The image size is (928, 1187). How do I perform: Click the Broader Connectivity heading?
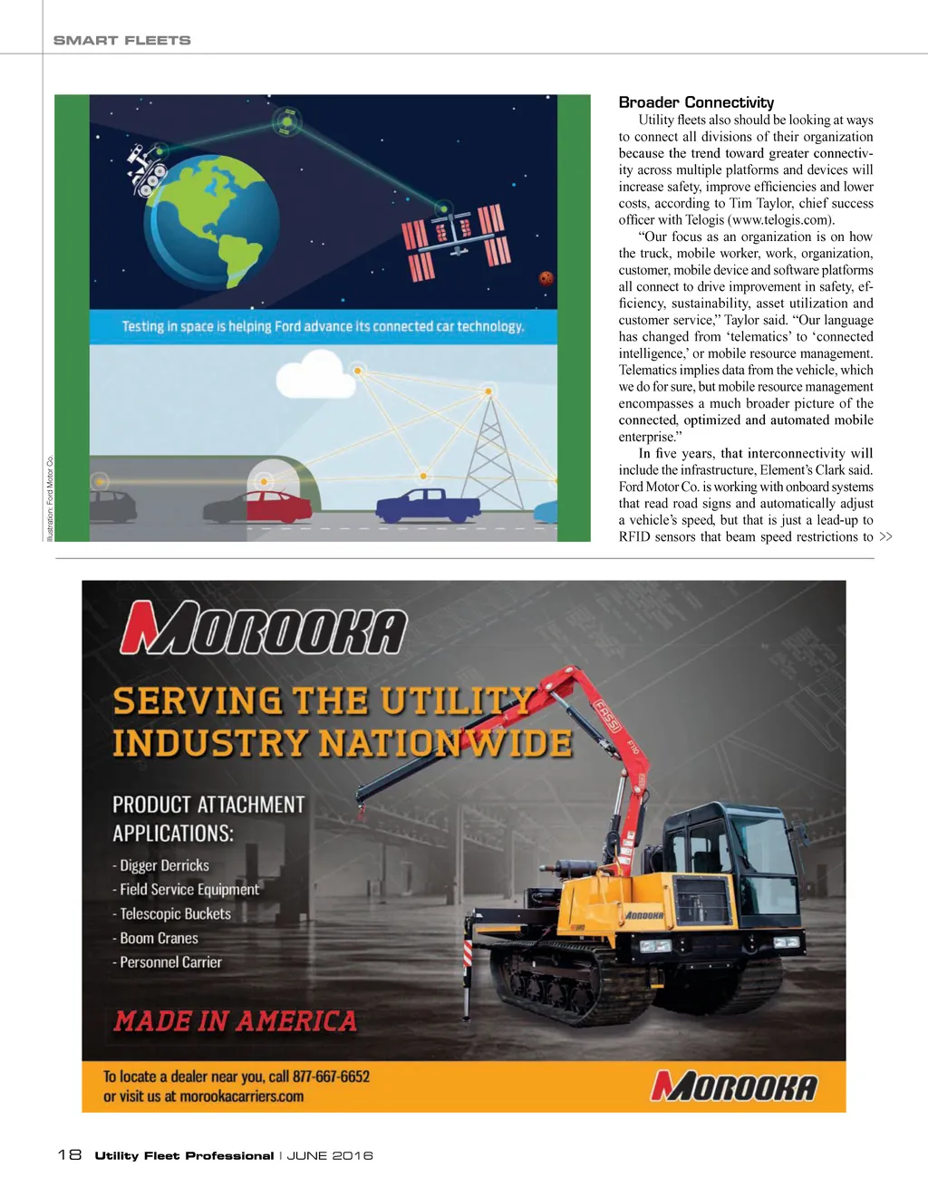[696, 102]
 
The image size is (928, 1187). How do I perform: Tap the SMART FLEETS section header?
[122, 40]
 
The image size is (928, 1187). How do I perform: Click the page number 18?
[69, 1154]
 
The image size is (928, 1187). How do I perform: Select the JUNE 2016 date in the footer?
[330, 1155]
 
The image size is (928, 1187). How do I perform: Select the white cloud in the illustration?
[313, 372]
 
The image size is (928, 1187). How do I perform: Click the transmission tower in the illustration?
[490, 453]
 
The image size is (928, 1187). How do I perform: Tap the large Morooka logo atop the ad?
[264, 627]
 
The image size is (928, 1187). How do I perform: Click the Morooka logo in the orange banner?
[734, 1086]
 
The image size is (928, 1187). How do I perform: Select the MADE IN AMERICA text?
[236, 1021]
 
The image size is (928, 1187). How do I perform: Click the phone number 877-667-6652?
[331, 1076]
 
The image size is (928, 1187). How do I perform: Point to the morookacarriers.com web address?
[241, 1096]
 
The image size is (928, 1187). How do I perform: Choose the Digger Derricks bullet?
[164, 865]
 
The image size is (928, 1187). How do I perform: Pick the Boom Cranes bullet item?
[159, 938]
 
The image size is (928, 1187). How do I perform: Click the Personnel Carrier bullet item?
[170, 962]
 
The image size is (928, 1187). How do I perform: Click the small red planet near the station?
[546, 278]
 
